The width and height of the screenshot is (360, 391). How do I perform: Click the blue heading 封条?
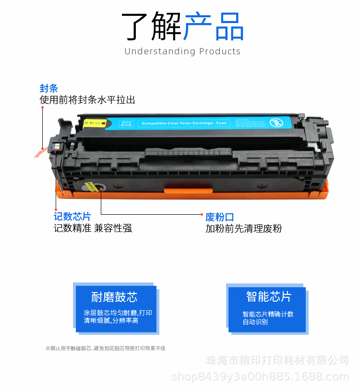[48, 88]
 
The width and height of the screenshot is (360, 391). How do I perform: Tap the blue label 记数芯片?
[72, 217]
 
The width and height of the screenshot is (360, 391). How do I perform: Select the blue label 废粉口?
[220, 217]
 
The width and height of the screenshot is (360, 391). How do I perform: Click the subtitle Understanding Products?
[182, 51]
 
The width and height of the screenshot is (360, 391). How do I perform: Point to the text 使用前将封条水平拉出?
[87, 100]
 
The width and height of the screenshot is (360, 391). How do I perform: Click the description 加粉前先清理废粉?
[244, 229]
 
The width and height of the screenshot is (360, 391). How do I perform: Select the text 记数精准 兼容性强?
[93, 228]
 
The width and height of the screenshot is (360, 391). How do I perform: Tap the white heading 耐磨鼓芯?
[114, 297]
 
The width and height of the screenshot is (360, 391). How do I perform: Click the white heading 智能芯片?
[269, 297]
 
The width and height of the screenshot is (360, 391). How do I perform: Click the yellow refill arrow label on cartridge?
[95, 123]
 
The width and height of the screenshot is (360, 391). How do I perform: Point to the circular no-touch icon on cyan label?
[276, 122]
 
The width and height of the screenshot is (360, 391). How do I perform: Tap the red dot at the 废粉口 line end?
[202, 214]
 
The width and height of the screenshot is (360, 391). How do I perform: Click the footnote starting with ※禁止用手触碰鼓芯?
[105, 348]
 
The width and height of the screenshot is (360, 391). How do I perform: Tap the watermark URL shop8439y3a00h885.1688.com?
[260, 376]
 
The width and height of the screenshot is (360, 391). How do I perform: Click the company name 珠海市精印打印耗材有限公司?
[277, 360]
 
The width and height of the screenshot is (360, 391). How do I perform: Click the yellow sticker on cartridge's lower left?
[90, 185]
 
